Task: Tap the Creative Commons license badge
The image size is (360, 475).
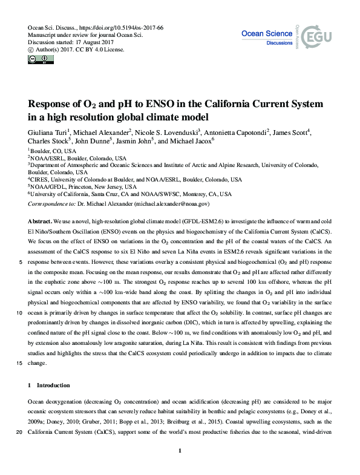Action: coord(37,59)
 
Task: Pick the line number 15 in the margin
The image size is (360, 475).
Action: coord(20,363)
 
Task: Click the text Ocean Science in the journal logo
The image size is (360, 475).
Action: coord(267,34)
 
